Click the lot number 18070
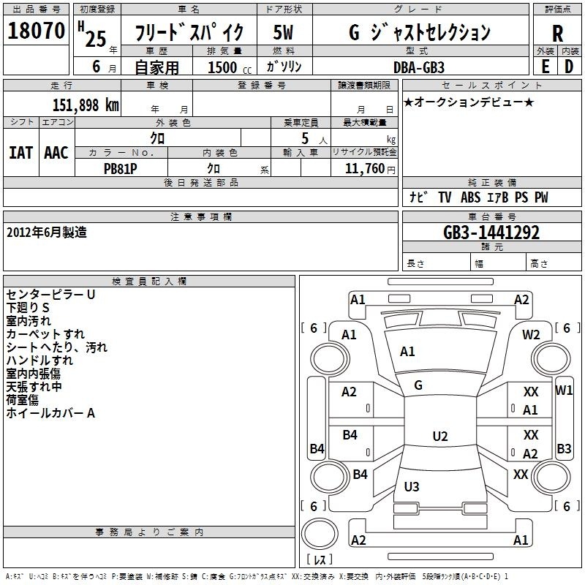(x=36, y=31)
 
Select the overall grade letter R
(x=557, y=34)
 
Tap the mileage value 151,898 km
(x=86, y=105)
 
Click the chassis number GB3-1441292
(x=491, y=233)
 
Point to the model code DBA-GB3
(x=419, y=67)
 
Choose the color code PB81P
(x=120, y=169)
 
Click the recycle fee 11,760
(x=364, y=168)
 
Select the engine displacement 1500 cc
(x=230, y=67)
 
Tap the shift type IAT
(x=21, y=153)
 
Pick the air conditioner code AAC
(x=56, y=153)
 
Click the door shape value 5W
(x=283, y=32)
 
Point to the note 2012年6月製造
(x=47, y=233)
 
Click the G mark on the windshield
(x=418, y=385)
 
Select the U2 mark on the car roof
(x=440, y=436)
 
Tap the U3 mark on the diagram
(x=412, y=486)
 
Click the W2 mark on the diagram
(x=531, y=335)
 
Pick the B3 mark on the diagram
(x=564, y=448)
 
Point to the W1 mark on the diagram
(x=564, y=390)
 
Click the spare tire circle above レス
(x=320, y=534)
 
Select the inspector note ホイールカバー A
(x=50, y=413)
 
